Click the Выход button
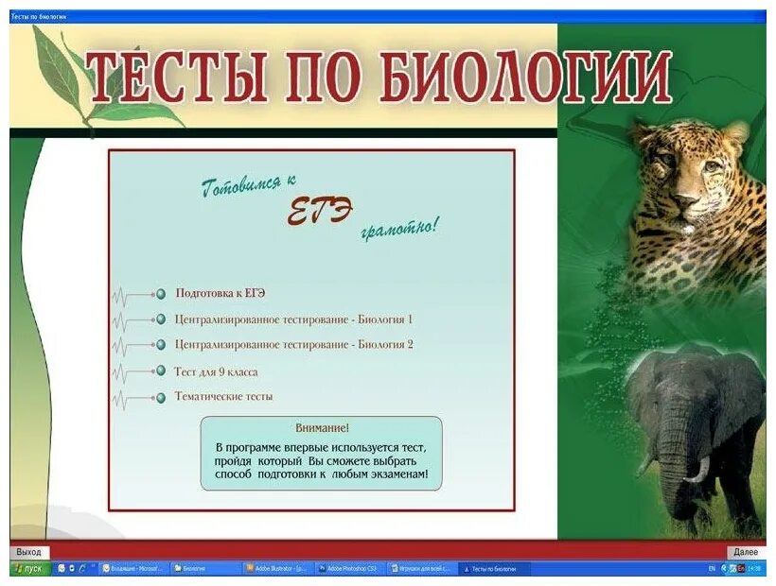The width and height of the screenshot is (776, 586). (28, 552)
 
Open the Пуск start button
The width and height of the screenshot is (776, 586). (28, 569)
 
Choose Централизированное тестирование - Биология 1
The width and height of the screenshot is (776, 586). (293, 319)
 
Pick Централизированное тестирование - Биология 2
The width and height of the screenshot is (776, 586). (293, 345)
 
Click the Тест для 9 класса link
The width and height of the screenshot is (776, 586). (216, 371)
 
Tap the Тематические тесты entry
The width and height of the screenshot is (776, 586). (223, 397)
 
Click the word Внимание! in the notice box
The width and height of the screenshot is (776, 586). (321, 428)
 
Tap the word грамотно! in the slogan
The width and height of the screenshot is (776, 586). (398, 228)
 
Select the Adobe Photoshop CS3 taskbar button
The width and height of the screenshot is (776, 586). (348, 569)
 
